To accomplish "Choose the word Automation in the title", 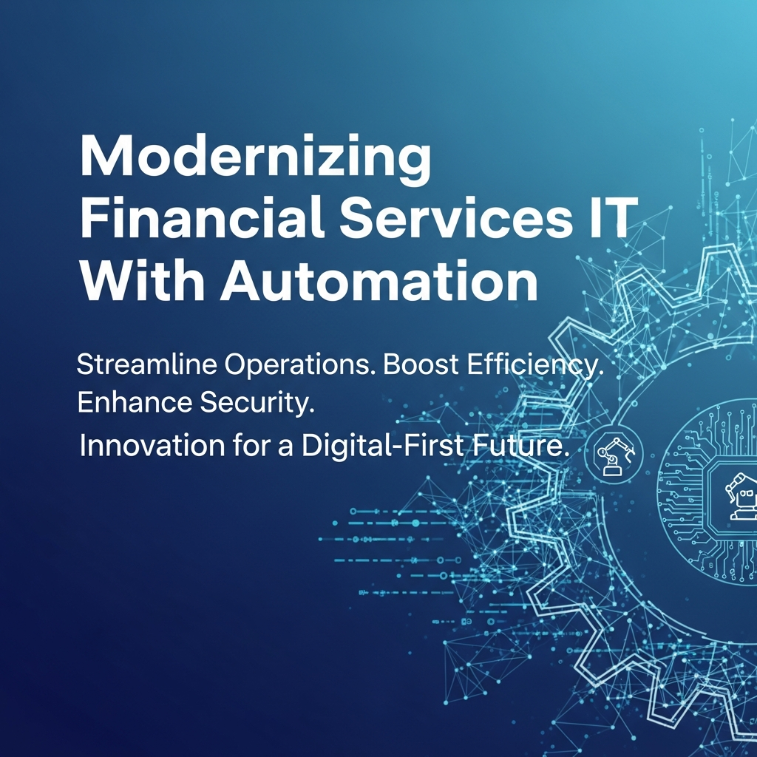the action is click(x=379, y=279).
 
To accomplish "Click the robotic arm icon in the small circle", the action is click(x=614, y=454).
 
